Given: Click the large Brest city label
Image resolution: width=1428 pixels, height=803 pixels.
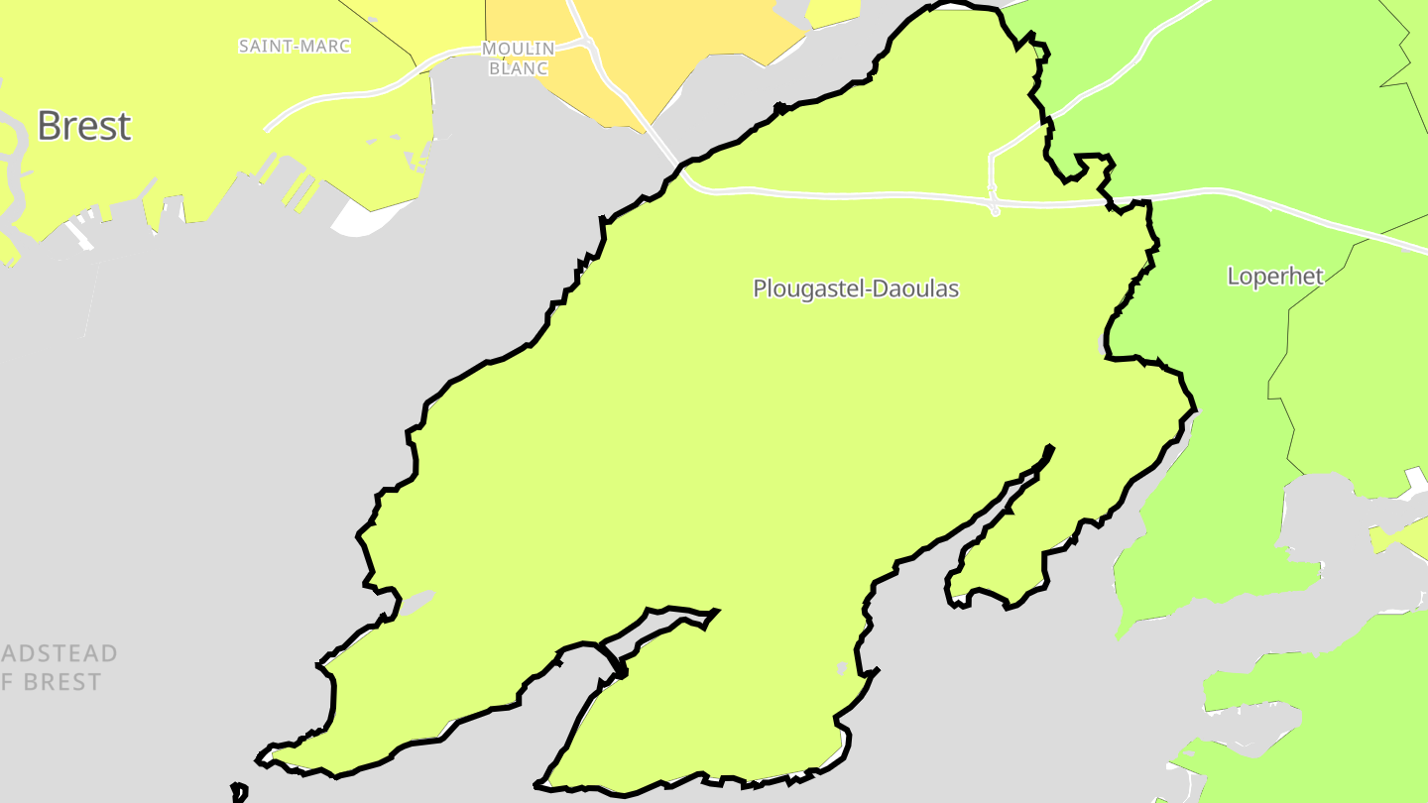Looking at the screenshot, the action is pyautogui.click(x=84, y=126).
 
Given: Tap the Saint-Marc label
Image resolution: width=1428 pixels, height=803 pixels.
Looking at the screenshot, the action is pyautogui.click(x=295, y=46).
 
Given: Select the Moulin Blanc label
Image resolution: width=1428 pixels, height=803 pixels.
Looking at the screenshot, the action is pyautogui.click(x=518, y=57).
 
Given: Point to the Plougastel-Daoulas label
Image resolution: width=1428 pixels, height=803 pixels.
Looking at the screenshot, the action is pyautogui.click(x=856, y=288).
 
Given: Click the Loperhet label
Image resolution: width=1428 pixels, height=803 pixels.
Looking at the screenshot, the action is pyautogui.click(x=1275, y=276).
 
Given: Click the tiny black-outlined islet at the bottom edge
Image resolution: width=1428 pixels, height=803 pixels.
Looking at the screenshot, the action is pyautogui.click(x=238, y=791).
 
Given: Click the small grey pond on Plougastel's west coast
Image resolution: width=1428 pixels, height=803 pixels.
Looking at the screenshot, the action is pyautogui.click(x=416, y=601).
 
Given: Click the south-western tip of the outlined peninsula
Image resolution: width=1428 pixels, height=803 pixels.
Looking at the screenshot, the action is pyautogui.click(x=260, y=760).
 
